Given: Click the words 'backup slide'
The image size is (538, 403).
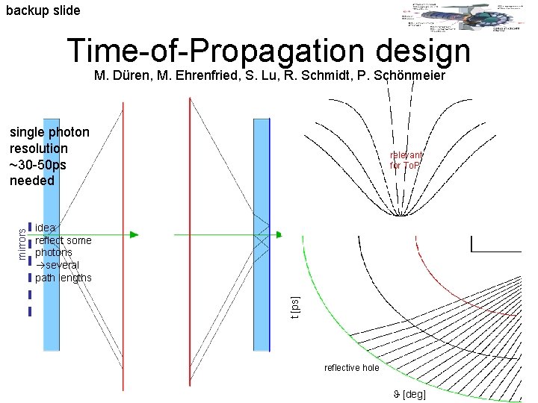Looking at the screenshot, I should coord(43,10).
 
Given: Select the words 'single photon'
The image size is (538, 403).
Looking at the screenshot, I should coord(49,133).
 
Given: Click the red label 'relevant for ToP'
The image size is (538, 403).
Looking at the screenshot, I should coord(406,160).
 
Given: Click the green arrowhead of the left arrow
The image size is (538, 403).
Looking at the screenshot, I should coord(134,234).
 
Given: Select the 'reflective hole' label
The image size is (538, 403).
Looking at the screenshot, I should coord(351,368).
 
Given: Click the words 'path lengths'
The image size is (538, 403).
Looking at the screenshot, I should coord(64,278).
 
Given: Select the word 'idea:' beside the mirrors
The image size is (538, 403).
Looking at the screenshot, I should coord(47,228).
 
